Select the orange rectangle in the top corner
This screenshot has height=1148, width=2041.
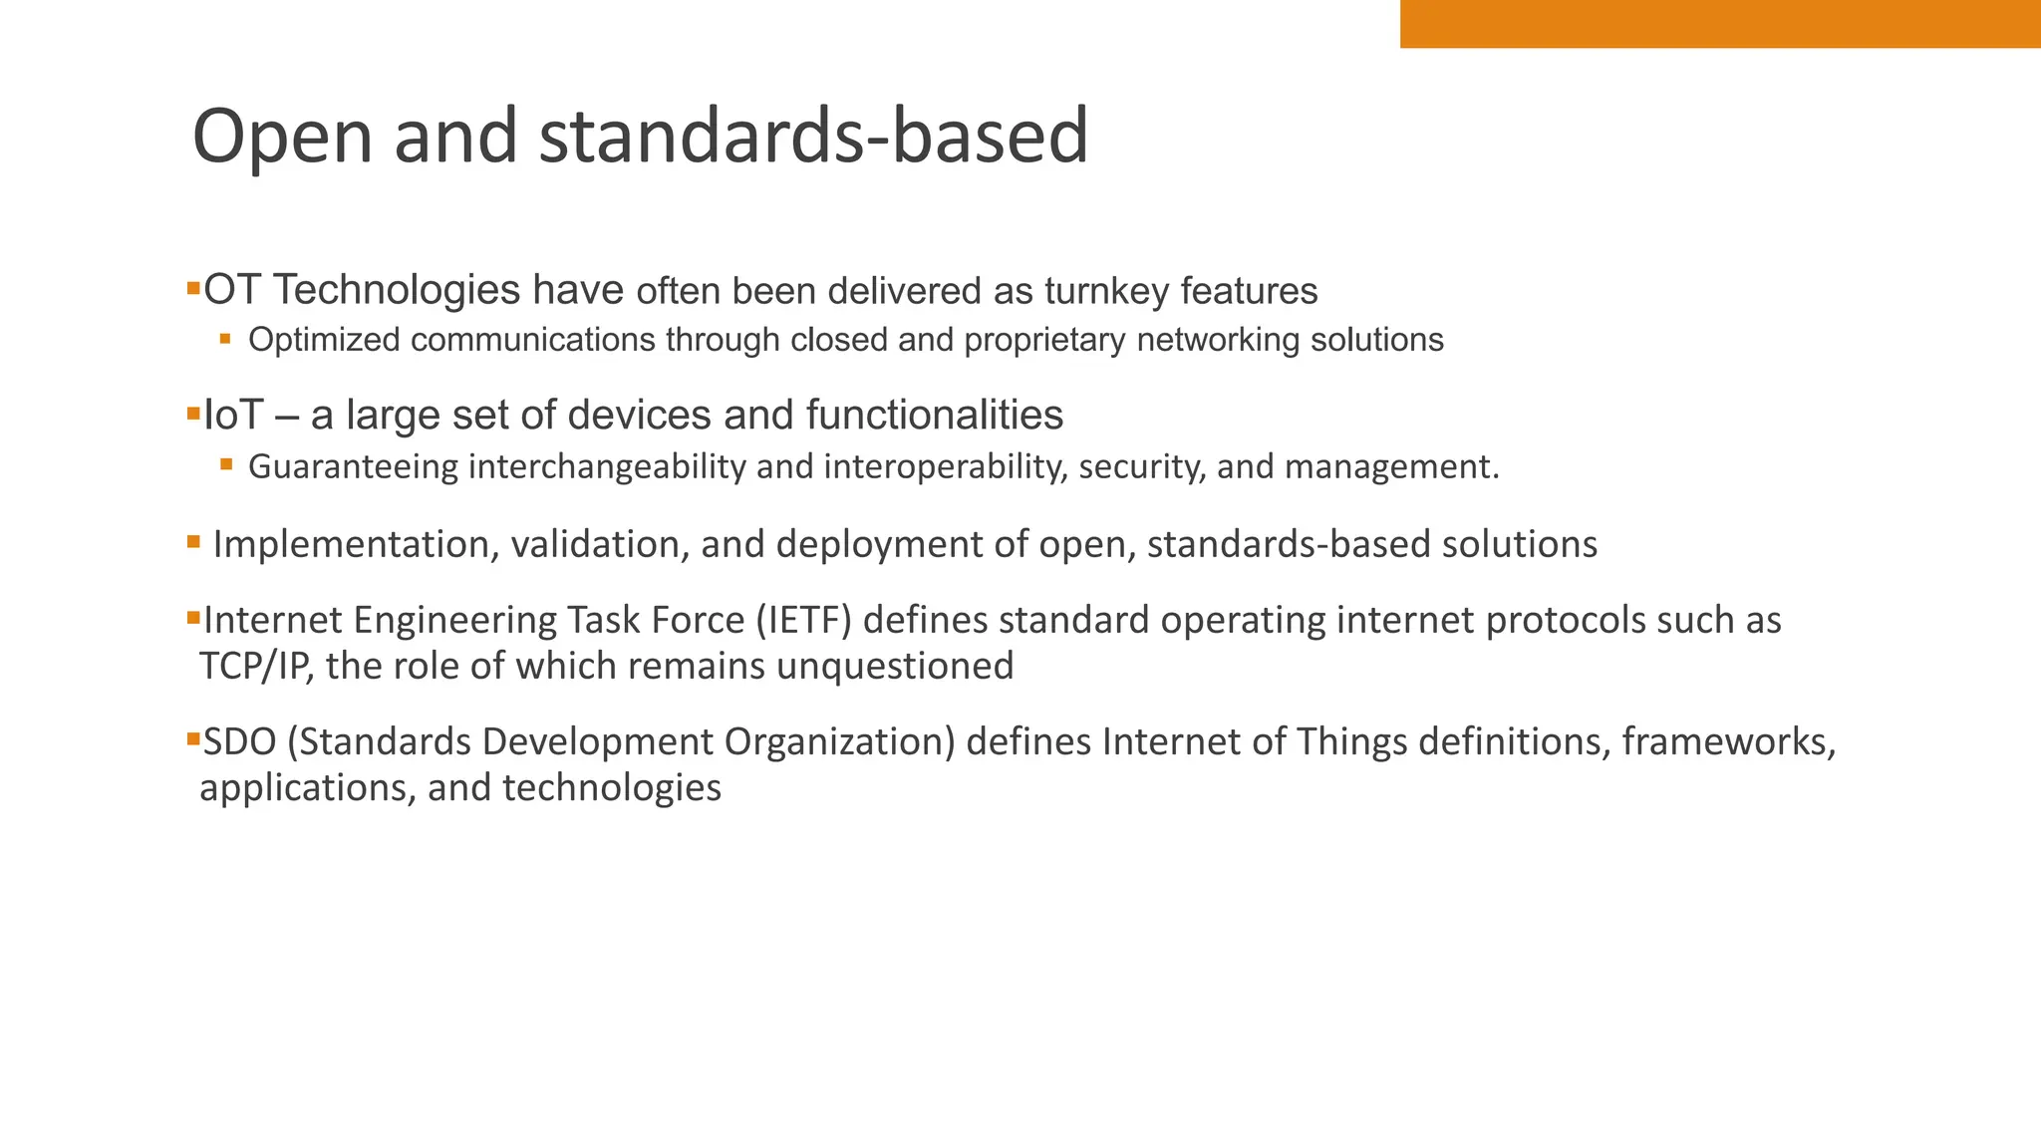point(1719,24)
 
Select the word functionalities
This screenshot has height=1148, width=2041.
point(934,416)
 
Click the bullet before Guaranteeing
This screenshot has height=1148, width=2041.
point(226,463)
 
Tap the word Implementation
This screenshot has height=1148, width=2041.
point(355,545)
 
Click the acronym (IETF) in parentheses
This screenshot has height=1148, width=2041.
point(803,621)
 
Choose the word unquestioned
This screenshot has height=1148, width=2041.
point(894,667)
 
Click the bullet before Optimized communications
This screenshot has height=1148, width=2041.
point(226,339)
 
